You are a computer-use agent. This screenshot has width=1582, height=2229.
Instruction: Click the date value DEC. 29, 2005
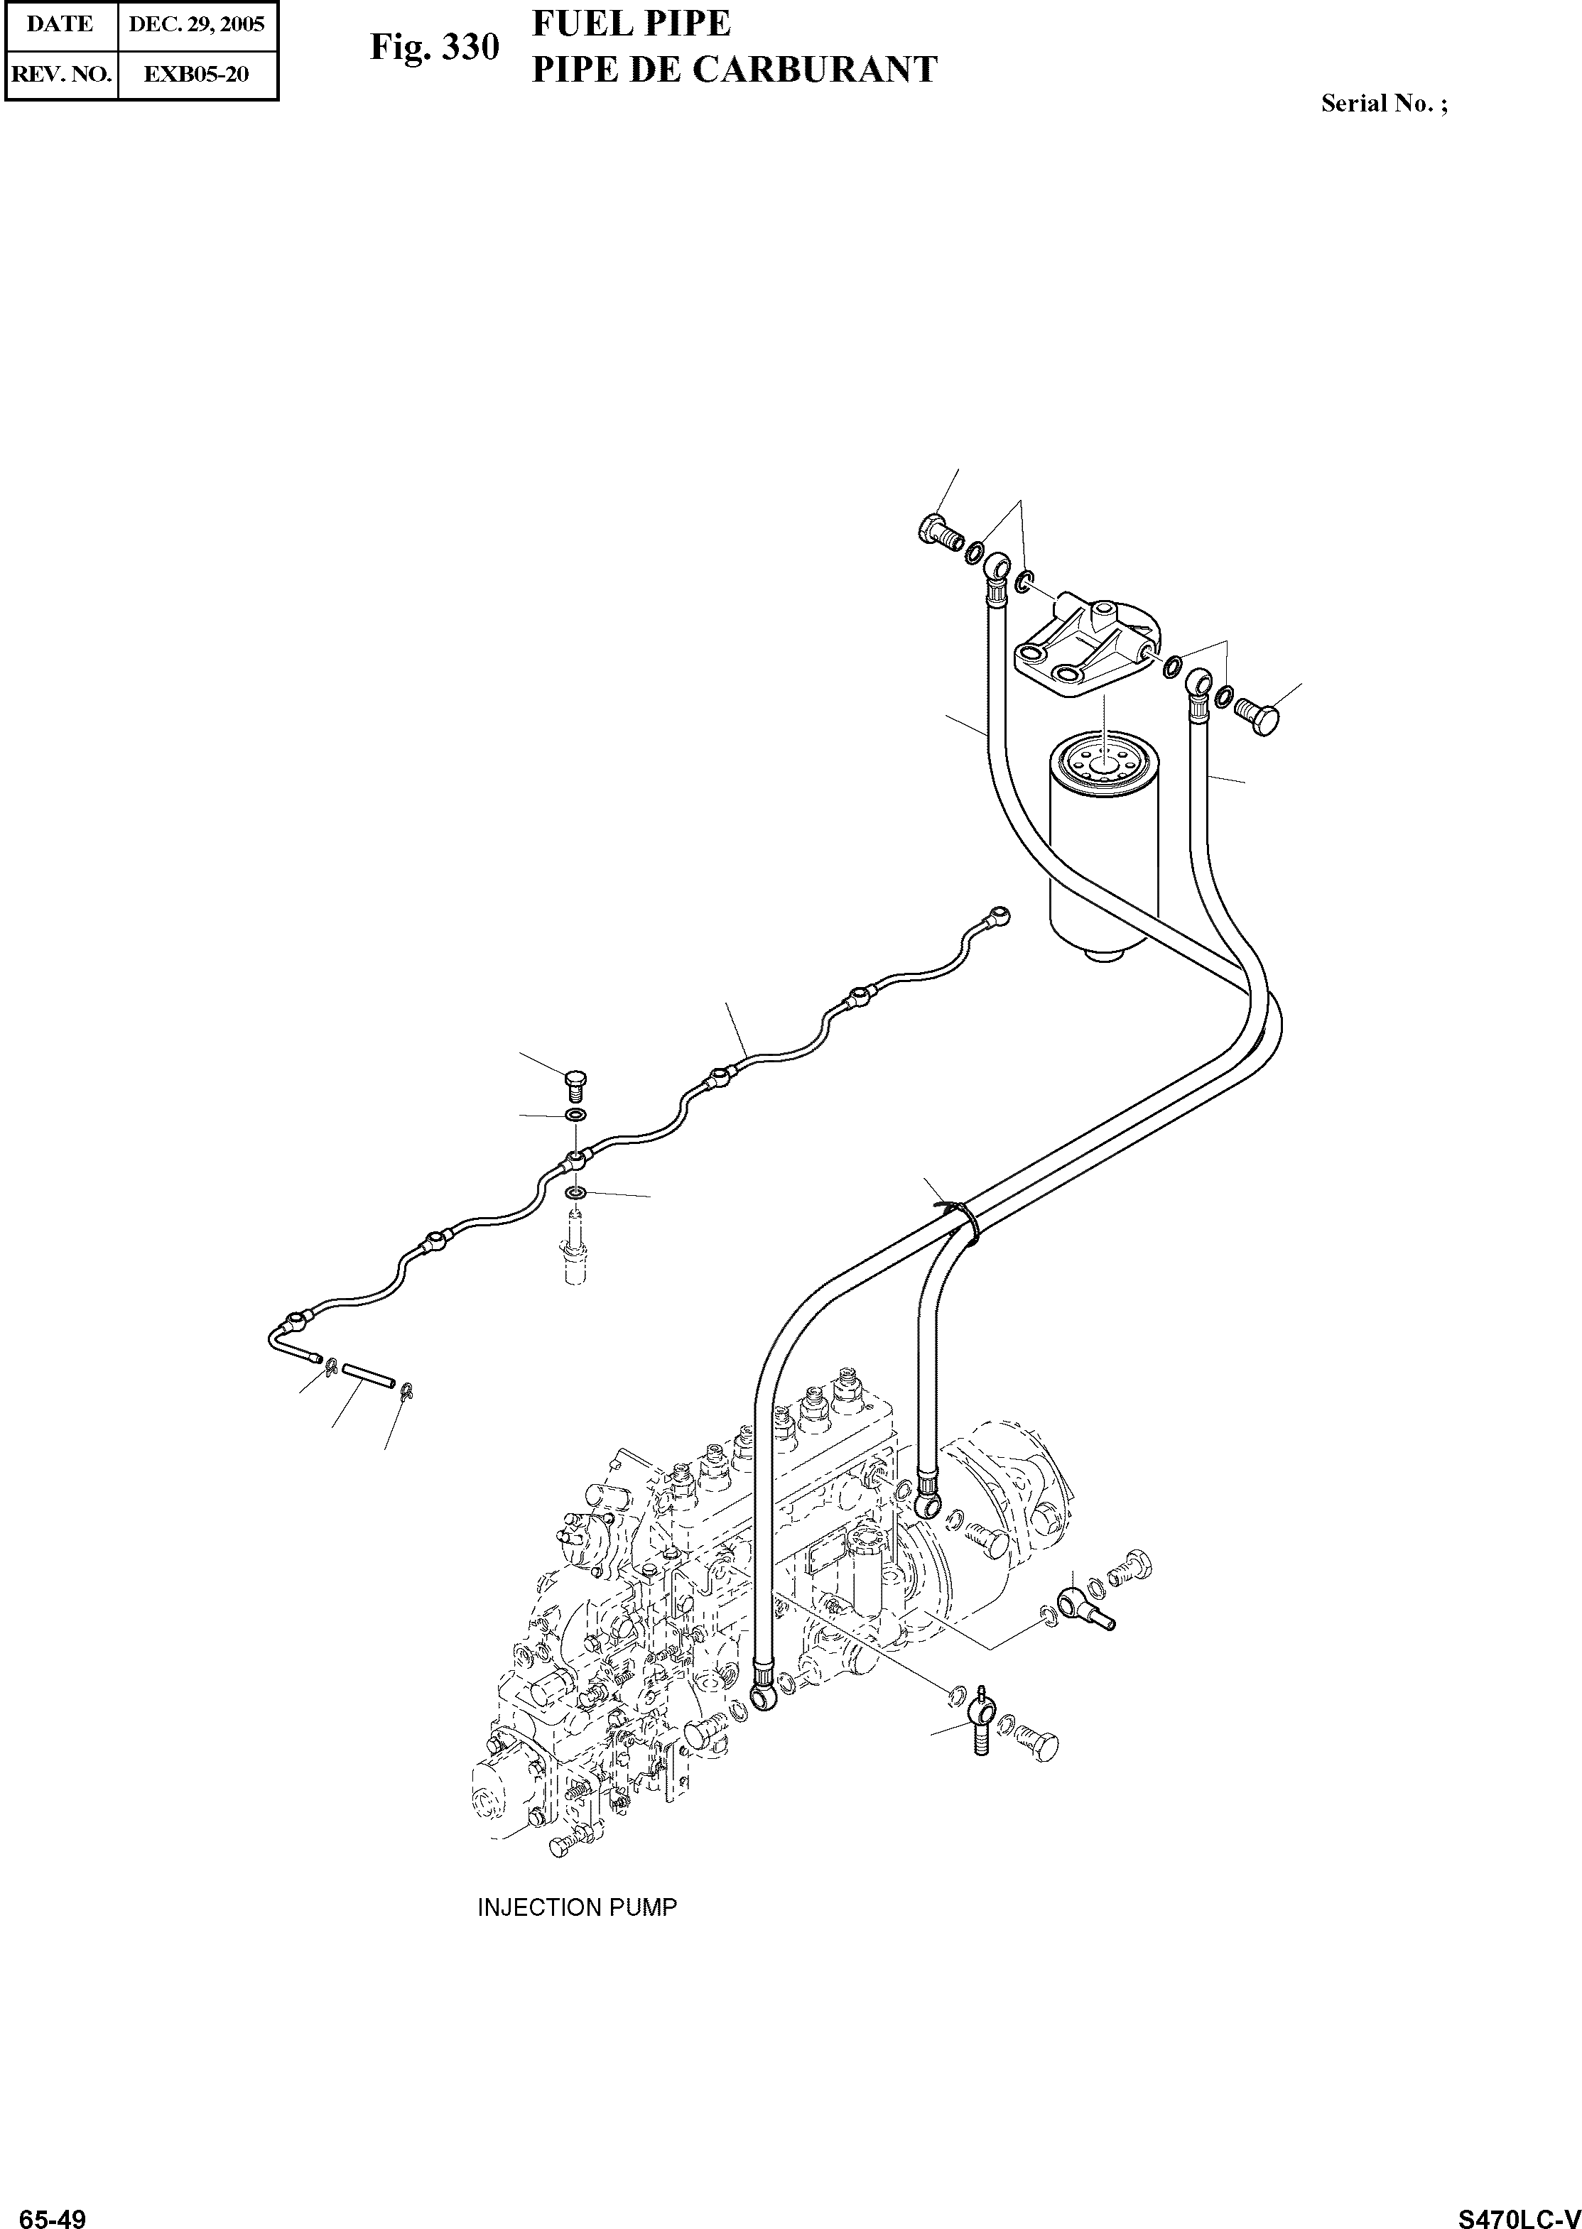(197, 24)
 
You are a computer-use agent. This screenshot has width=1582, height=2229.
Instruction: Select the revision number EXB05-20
(197, 74)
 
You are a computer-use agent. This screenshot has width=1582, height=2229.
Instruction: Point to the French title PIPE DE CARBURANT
(735, 69)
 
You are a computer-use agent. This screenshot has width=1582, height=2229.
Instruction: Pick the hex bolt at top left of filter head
(937, 532)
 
